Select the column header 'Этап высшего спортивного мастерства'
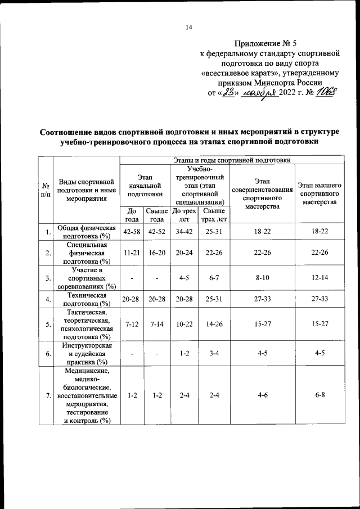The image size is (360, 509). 319,193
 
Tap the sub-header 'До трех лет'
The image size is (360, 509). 183,215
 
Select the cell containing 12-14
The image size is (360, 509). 319,277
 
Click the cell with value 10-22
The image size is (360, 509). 183,325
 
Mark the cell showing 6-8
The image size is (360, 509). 319,396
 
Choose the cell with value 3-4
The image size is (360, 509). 213,354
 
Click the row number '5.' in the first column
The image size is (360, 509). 48,325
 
